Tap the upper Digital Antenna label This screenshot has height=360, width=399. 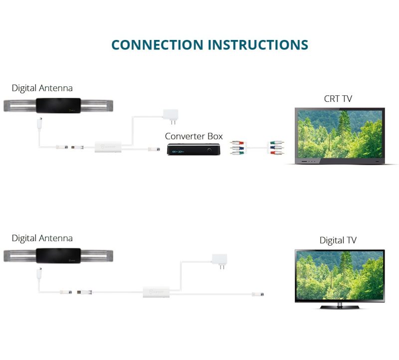pos(42,88)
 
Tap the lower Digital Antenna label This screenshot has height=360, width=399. pos(42,238)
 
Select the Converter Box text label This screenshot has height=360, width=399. pos(194,136)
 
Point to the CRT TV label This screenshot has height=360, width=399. pos(338,98)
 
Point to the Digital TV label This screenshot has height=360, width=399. pos(338,241)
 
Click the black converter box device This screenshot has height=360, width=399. pos(194,149)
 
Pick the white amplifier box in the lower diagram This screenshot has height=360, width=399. pos(156,292)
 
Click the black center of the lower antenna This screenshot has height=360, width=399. pos(59,255)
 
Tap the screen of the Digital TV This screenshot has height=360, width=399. pos(340,275)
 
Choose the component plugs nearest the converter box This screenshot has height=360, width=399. pos(237,148)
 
